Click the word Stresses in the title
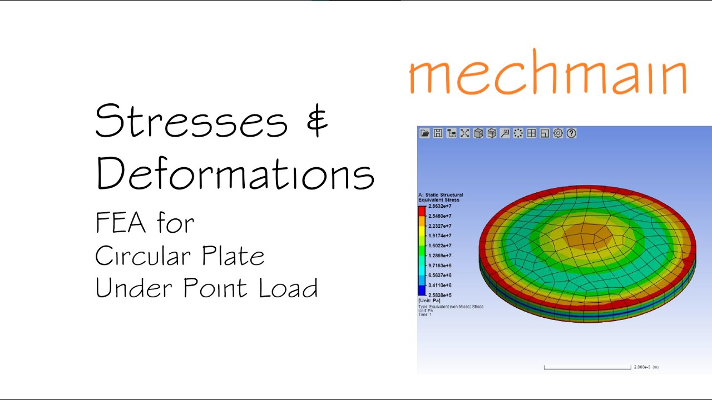191,121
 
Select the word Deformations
235,172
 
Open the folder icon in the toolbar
425,133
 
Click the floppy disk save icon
438,133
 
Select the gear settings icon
558,133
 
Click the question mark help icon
571,133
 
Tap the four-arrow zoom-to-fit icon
464,133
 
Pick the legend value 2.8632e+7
439,206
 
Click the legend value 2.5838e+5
439,295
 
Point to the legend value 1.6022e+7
439,246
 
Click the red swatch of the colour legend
422,211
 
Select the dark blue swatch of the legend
422,290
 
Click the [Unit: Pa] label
429,301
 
